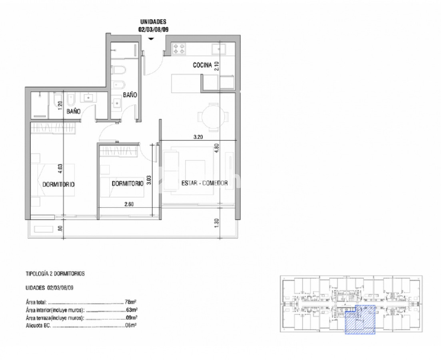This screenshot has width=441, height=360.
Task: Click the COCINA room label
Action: (202, 65)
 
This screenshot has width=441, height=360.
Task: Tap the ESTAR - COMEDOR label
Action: (204, 183)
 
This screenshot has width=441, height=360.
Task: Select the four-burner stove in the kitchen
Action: (179, 48)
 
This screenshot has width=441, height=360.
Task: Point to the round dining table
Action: (213, 116)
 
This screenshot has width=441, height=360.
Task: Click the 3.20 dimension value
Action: (198, 137)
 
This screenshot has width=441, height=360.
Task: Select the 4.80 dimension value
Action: (216, 148)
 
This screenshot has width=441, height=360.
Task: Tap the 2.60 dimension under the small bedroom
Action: (129, 204)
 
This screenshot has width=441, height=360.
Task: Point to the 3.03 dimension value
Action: (149, 180)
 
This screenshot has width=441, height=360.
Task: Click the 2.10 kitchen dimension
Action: (216, 66)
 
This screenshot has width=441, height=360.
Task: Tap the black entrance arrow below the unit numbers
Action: (151, 39)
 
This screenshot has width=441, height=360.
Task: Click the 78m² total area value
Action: (130, 302)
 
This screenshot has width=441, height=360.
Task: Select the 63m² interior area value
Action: (132, 310)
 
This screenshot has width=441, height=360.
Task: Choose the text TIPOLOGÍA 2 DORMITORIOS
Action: (55, 274)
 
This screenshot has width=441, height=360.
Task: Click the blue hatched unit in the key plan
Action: (360, 320)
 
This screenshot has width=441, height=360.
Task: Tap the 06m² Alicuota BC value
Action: (131, 326)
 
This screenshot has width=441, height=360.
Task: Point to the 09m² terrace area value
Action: (132, 318)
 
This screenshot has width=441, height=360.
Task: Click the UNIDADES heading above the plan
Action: (153, 22)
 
